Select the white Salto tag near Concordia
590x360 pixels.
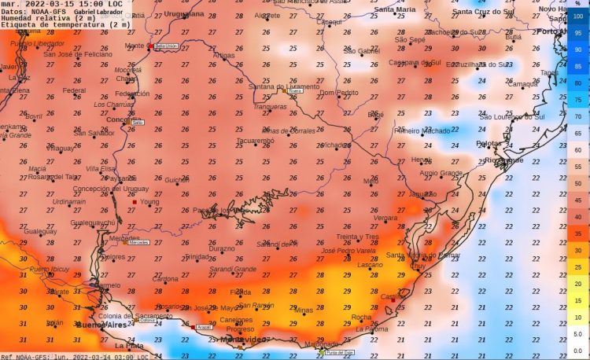click(137, 123)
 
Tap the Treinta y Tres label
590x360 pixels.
click(358, 237)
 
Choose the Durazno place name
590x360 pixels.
click(221, 248)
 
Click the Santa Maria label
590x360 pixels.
click(395, 9)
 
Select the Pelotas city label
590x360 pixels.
click(489, 143)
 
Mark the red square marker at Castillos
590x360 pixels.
click(393, 299)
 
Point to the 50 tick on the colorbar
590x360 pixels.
click(578, 183)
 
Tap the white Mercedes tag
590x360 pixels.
click(138, 242)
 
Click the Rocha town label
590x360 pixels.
click(361, 318)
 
